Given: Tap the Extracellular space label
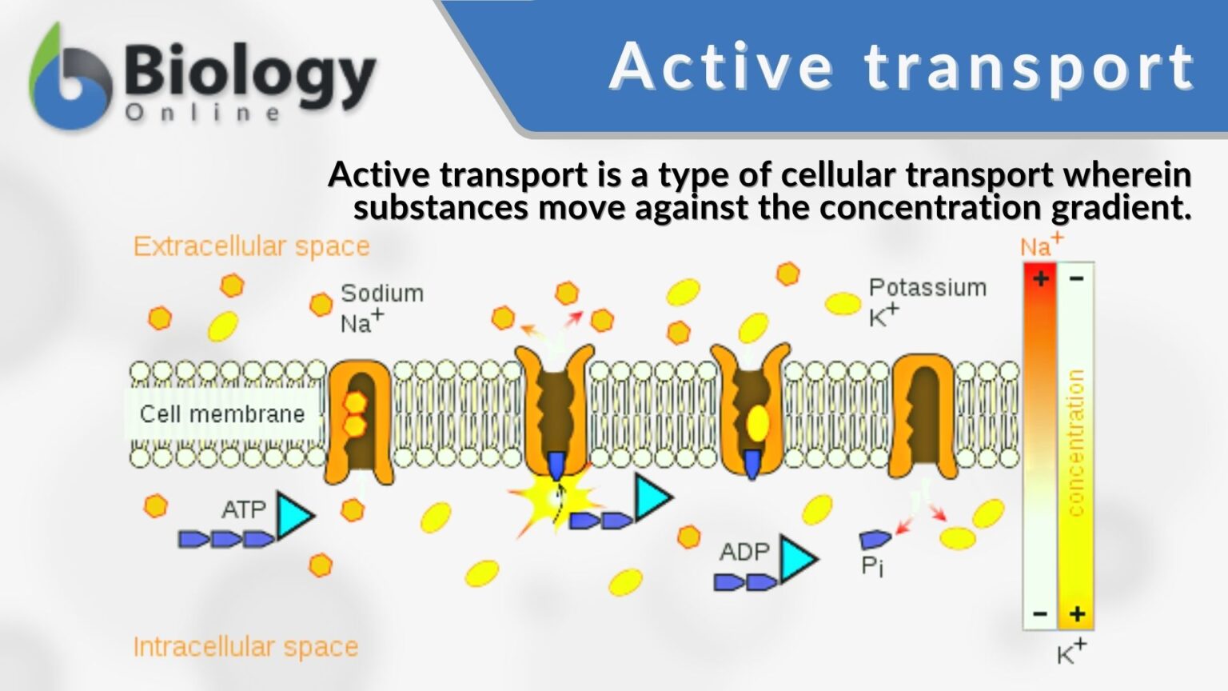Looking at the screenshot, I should point(251,246).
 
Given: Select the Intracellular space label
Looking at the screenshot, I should point(245,646).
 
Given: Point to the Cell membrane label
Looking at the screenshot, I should point(222,414).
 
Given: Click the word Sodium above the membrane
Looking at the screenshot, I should point(382,294).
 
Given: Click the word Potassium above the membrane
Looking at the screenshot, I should point(927,288).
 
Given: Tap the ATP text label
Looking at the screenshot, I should point(244,509).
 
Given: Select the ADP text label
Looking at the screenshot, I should point(744,552).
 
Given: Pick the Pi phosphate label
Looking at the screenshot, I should point(872,566).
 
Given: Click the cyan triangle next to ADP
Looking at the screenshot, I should point(796,558).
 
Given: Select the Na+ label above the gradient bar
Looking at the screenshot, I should point(1041,244).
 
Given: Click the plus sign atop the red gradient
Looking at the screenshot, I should point(1041,278).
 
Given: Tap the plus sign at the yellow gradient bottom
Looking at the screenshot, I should point(1077,614).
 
